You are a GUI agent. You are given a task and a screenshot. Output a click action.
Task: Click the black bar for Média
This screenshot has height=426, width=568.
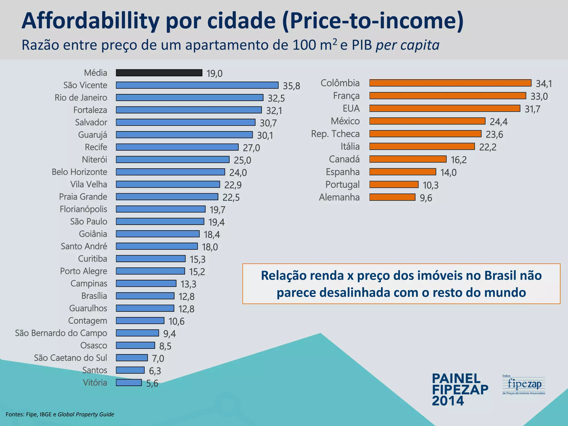159,73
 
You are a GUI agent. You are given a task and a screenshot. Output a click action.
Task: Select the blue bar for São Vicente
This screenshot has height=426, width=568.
197,85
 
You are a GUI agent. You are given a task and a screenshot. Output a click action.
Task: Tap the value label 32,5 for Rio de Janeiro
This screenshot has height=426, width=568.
276,98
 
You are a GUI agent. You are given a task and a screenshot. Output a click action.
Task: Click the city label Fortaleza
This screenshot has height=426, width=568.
90,110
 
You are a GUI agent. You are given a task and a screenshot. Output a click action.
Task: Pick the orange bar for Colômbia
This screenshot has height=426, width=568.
450,83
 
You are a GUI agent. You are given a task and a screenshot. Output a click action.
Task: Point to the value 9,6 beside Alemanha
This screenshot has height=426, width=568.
426,198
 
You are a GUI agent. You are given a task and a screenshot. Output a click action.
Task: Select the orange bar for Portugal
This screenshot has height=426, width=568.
394,184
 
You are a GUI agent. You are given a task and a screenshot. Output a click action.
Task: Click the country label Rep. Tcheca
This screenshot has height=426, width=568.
335,134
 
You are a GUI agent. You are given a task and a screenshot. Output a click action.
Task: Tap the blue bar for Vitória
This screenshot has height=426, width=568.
129,383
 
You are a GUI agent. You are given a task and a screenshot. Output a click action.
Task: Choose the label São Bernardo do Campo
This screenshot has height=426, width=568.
61,333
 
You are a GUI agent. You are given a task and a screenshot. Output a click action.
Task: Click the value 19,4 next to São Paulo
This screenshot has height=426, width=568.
216,222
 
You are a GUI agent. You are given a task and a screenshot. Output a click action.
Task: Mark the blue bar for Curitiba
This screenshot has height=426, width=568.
151,259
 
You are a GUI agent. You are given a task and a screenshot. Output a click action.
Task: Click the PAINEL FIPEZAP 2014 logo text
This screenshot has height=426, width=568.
460,390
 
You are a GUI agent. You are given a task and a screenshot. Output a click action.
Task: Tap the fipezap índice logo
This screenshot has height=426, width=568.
524,385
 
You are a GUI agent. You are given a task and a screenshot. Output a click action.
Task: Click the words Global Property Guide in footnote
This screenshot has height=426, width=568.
86,414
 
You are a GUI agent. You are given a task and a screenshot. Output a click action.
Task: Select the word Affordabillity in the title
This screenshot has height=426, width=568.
90,21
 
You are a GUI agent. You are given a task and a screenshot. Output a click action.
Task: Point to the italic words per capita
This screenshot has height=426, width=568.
407,45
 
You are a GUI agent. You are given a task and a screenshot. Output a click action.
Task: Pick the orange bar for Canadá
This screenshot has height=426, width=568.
408,159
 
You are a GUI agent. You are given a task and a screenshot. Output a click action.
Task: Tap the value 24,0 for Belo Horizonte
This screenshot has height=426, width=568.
238,173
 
